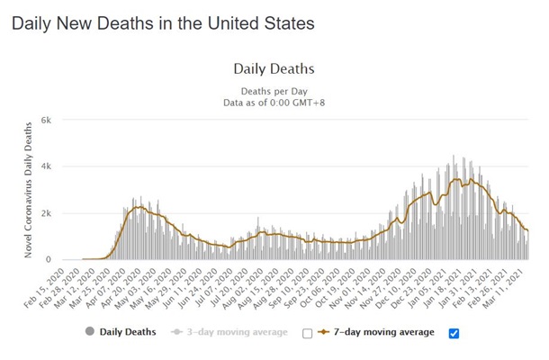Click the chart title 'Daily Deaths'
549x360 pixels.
click(274, 68)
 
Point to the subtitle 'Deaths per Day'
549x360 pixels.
click(274, 92)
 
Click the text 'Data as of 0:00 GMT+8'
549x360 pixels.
click(274, 104)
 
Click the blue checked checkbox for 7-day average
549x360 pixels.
click(454, 333)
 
